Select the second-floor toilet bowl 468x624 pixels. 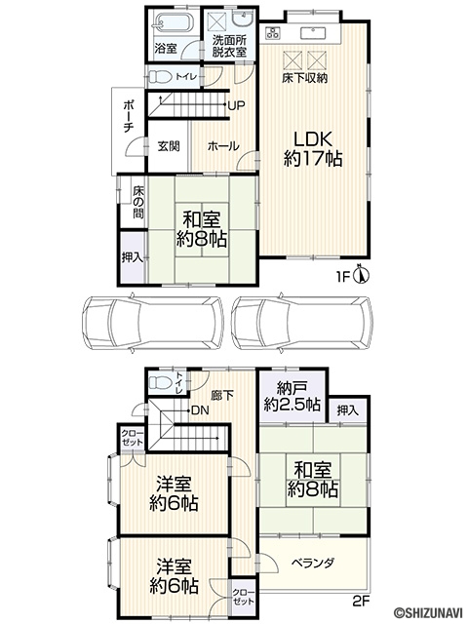pos(159,383)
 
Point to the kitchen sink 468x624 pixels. pos(313,32)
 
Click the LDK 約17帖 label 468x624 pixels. pos(313,148)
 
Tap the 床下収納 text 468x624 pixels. pos(305,78)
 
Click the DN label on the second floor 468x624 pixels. pos(200,410)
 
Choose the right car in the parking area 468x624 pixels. pos(302,323)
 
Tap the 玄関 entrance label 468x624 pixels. pos(169,146)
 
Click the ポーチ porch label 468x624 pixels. pos(129,117)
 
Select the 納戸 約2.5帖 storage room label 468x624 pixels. pos(292,397)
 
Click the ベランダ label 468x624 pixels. pos(313,564)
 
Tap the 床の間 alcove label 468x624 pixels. pos(138,202)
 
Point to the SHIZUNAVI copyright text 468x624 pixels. pos(428,615)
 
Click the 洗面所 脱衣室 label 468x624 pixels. pos(229,46)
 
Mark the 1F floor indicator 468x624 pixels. pos(343,277)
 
